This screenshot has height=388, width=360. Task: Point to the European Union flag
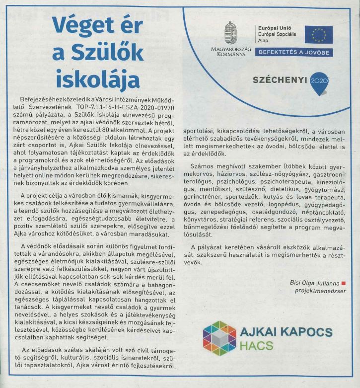click(318, 34)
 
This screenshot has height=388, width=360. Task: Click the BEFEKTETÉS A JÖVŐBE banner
click(294, 52)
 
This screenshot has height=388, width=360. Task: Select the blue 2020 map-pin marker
click(316, 81)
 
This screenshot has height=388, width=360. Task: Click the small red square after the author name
click(343, 283)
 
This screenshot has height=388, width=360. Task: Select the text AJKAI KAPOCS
click(286, 332)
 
